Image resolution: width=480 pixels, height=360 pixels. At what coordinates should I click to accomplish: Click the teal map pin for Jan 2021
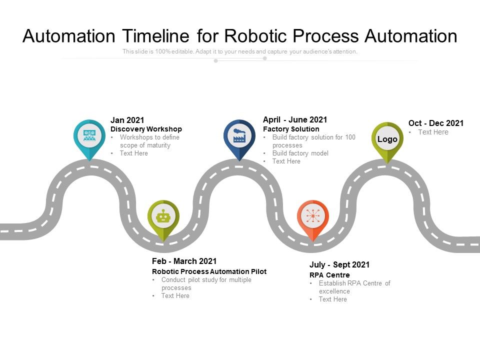pos(89,135)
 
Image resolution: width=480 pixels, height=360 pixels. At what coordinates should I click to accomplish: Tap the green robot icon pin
pos(163,217)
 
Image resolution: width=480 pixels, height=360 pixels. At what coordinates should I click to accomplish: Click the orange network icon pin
pos(312,217)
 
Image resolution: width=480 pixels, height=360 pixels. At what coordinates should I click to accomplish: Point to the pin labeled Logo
pos(387,139)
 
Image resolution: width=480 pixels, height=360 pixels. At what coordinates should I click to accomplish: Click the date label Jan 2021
pos(127,120)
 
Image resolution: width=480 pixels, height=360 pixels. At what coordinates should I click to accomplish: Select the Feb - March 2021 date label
pos(184,261)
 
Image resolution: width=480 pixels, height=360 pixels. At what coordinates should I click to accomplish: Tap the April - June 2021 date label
pos(294,119)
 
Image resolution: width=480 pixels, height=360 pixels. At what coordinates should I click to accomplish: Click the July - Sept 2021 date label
pos(339,264)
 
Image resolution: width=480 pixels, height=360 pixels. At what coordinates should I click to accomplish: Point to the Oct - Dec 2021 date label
pos(435,123)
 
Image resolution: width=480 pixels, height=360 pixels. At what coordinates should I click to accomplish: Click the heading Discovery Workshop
pos(146,129)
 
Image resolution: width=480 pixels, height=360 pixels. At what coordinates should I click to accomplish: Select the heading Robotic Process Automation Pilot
pos(209,271)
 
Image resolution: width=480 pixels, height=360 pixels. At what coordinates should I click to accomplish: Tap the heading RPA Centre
pos(329,275)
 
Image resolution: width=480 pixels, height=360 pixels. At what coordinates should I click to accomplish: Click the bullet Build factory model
pos(300,153)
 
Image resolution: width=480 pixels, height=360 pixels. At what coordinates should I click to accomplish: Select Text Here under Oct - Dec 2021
pos(433,132)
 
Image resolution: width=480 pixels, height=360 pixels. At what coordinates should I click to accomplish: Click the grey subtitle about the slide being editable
pos(240,51)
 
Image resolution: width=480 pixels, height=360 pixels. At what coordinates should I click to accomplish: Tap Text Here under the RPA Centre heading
pos(332,299)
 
